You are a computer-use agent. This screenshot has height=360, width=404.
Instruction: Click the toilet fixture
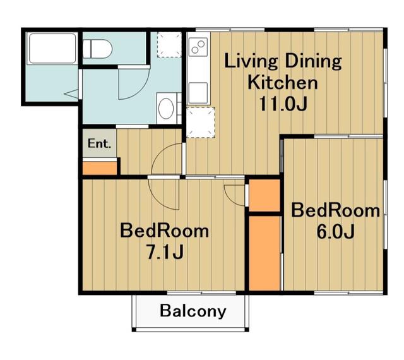click(x=97, y=49)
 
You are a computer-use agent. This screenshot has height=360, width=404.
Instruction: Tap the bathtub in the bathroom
click(x=52, y=48)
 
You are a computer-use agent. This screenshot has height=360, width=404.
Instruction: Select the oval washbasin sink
click(x=165, y=109)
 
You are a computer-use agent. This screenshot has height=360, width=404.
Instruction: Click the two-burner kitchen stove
click(x=198, y=47)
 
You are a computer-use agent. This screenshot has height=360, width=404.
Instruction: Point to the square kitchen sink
click(x=198, y=93)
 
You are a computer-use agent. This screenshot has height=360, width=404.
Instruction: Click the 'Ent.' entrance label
click(x=99, y=143)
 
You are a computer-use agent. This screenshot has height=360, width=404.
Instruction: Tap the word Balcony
click(x=193, y=311)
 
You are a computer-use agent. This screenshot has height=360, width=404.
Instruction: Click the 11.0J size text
click(x=283, y=104)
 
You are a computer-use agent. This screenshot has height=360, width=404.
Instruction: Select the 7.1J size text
click(x=164, y=252)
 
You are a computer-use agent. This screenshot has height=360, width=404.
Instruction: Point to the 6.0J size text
click(x=335, y=231)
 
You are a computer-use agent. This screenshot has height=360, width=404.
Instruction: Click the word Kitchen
click(x=283, y=82)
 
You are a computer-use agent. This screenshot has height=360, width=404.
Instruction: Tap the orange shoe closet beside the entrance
click(x=100, y=168)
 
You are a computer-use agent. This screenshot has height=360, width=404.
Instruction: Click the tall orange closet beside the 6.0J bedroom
click(x=264, y=253)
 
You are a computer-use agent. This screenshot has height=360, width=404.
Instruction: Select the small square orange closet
click(x=264, y=195)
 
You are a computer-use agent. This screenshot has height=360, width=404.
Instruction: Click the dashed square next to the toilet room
click(x=169, y=45)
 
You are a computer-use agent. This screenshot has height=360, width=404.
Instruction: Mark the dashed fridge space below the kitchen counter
click(x=201, y=123)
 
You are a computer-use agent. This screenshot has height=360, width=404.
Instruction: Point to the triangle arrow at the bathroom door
click(x=71, y=93)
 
